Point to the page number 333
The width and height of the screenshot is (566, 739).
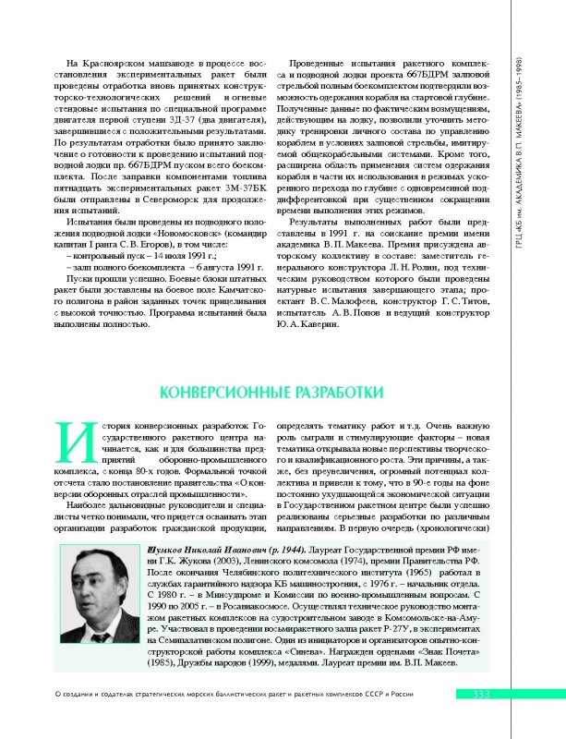(485, 719)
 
